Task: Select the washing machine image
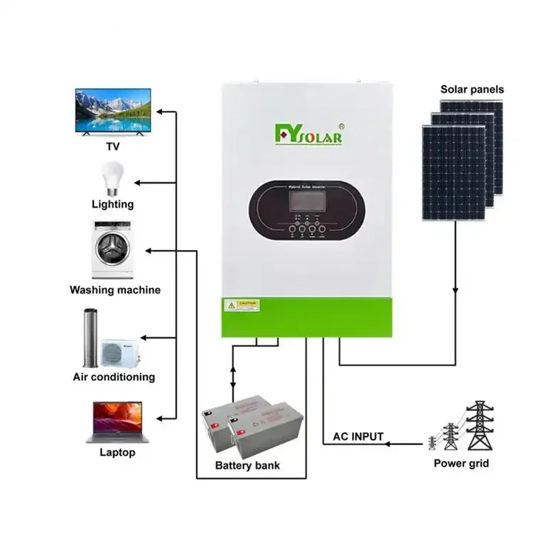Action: pyautogui.click(x=113, y=250)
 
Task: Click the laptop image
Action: pyautogui.click(x=113, y=421)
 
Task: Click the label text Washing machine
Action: pyautogui.click(x=114, y=290)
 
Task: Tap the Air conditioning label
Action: pyautogui.click(x=114, y=377)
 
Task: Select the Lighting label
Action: pyautogui.click(x=112, y=205)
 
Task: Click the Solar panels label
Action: pyautogui.click(x=472, y=90)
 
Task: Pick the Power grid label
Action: pyautogui.click(x=461, y=463)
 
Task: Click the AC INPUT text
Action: pyautogui.click(x=358, y=436)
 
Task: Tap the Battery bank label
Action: pyautogui.click(x=247, y=465)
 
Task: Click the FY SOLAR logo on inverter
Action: pyautogui.click(x=309, y=134)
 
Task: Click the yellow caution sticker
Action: pyautogui.click(x=242, y=305)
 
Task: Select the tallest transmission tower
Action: pyautogui.click(x=479, y=426)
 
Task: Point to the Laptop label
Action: pyautogui.click(x=117, y=453)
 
